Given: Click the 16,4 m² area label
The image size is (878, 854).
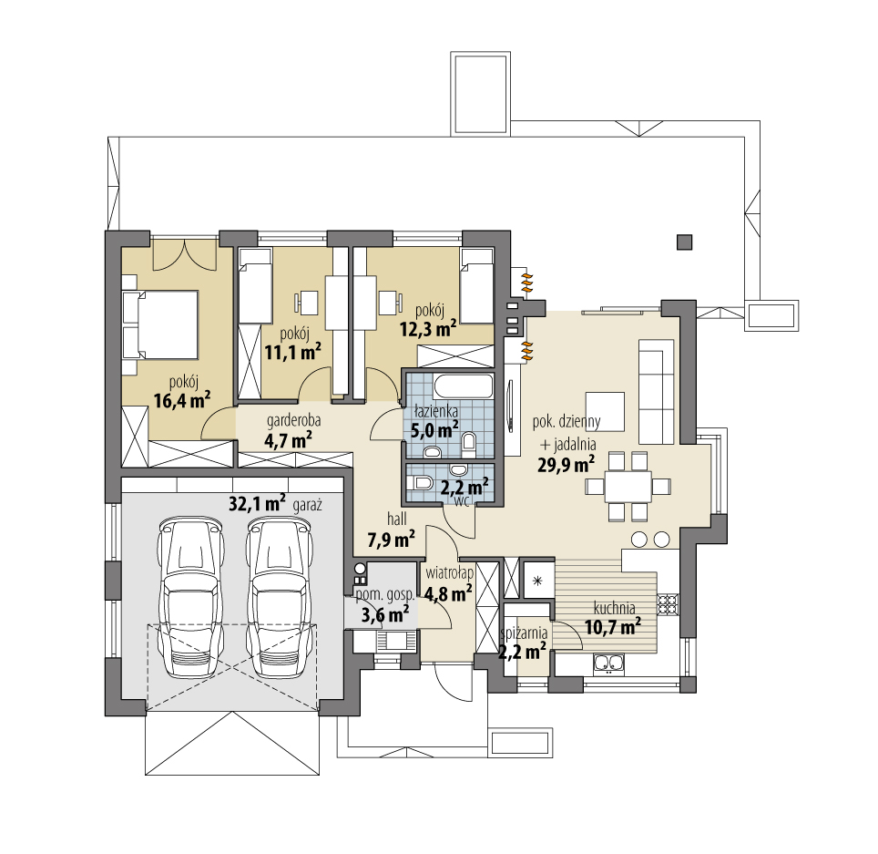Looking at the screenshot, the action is click(x=181, y=400).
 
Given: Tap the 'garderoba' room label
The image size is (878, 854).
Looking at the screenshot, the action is click(x=293, y=420).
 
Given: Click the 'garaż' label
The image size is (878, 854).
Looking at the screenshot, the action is click(x=308, y=506).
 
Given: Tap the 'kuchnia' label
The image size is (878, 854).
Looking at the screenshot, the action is click(x=614, y=608).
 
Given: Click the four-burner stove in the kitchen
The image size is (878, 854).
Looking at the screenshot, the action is click(x=668, y=603).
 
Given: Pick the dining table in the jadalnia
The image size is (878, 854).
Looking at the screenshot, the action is click(x=628, y=487).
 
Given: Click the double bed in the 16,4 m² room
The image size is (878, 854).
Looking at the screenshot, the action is click(x=160, y=324).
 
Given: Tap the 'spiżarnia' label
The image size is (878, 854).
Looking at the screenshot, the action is click(x=524, y=633).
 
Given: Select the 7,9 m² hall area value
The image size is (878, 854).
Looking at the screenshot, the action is click(x=391, y=540).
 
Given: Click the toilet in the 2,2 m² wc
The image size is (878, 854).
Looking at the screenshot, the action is click(x=419, y=482).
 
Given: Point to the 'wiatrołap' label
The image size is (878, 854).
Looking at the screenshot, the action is click(x=450, y=573).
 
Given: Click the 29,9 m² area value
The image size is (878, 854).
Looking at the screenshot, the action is click(x=566, y=465).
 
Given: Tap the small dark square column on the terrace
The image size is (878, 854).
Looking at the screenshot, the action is click(x=684, y=242).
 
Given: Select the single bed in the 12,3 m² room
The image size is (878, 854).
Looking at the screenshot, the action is click(x=476, y=286).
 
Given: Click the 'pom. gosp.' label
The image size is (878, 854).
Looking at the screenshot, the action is click(x=384, y=595).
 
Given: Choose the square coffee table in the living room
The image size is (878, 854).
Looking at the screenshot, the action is click(x=605, y=411).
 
